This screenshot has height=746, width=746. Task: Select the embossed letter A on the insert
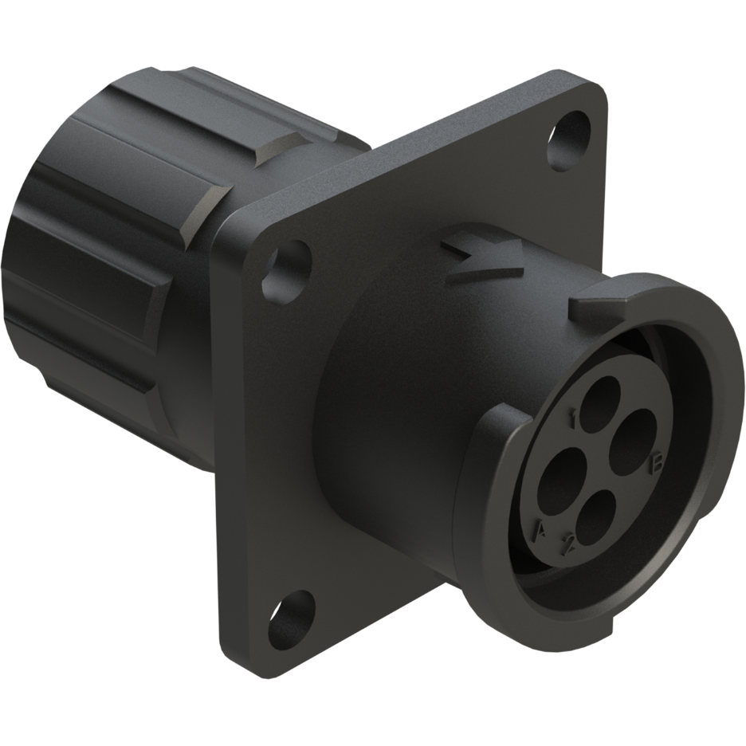(x=541, y=529)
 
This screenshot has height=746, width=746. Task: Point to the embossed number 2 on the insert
(x=568, y=546)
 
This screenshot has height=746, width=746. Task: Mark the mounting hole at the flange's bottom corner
(x=290, y=618)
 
